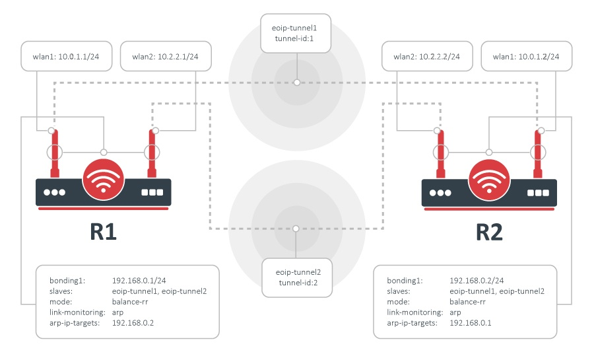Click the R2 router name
coord(489,232)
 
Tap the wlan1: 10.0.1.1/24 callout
coord(67,57)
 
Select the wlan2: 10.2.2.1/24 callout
coord(165,57)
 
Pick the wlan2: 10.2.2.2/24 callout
coord(427,57)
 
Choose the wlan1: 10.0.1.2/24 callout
coord(526,57)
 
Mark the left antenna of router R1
coord(55,153)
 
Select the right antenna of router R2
coord(538,153)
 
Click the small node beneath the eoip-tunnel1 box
coord(297,82)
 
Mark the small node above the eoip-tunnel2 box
coord(296,229)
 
